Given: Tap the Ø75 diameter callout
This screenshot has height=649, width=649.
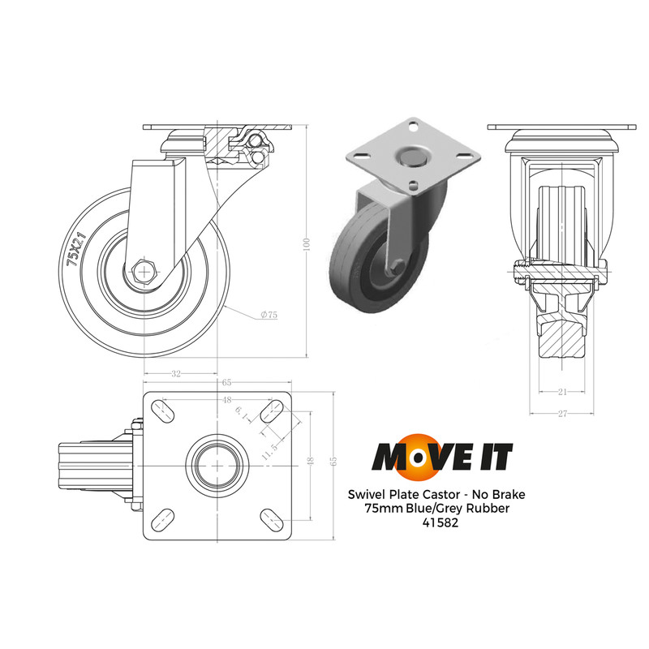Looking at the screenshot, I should (x=267, y=315).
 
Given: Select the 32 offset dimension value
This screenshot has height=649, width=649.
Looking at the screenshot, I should (x=176, y=373).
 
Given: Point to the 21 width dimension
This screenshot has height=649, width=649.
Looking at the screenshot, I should (x=561, y=391).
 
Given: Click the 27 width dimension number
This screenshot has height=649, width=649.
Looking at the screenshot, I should (x=561, y=413).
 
